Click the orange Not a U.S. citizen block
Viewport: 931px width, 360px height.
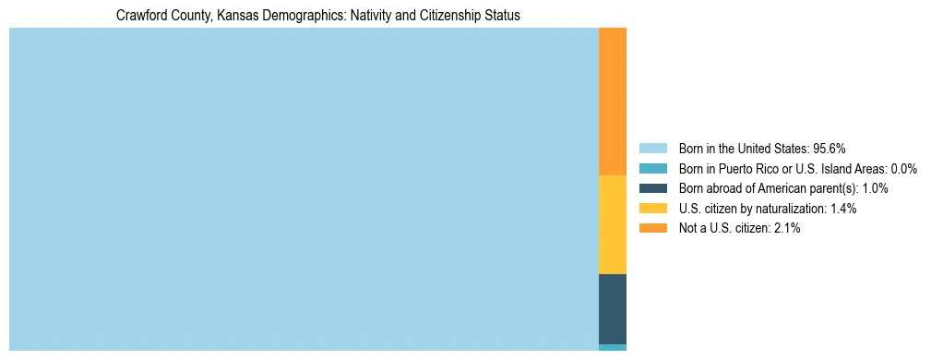coord(613,102)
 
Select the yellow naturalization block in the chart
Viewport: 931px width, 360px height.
coord(613,224)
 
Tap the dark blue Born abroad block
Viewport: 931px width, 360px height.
coord(613,308)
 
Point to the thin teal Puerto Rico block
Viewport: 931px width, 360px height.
coord(613,347)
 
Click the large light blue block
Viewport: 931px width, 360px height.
coord(304,189)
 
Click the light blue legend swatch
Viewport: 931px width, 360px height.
coord(652,148)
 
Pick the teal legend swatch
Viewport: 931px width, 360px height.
coord(652,168)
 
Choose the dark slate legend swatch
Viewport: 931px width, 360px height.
coord(652,188)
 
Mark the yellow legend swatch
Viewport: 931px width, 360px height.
coord(652,208)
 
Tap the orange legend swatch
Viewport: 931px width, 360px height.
coord(652,228)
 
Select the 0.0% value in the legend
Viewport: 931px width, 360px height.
coord(903,168)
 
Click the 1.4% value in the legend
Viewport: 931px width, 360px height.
coord(842,209)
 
